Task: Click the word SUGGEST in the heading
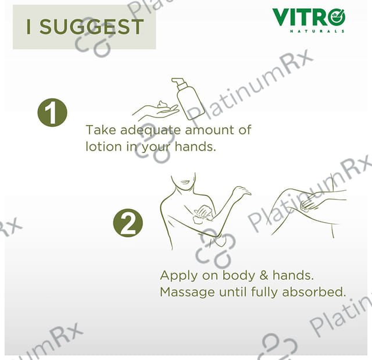(92, 27)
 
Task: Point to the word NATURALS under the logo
(317, 31)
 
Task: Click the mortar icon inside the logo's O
(337, 16)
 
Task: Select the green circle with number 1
(52, 112)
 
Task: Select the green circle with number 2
(128, 223)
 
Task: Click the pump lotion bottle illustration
(188, 98)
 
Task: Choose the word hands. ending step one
(195, 147)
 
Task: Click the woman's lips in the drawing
(185, 182)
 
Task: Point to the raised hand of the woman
(241, 191)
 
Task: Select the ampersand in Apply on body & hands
(263, 276)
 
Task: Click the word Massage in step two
(187, 293)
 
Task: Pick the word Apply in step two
(178, 276)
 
